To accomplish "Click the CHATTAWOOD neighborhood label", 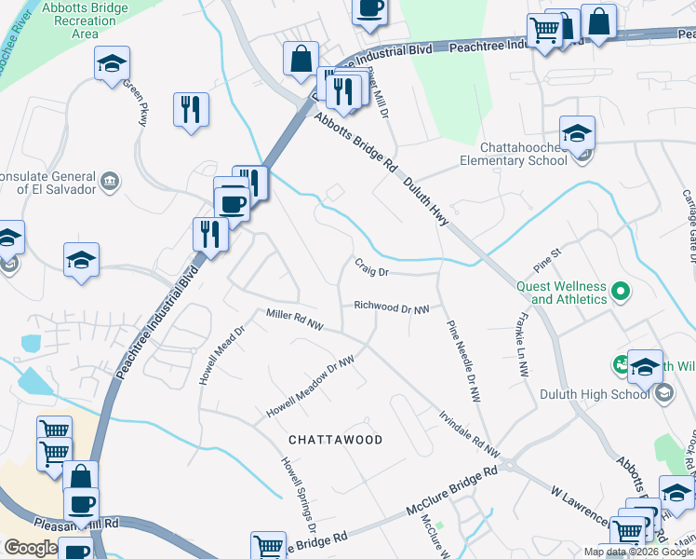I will coord(335,439).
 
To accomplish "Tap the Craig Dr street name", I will coord(370,267).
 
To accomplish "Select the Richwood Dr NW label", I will coord(391,307).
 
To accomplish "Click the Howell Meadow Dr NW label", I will coord(311,389).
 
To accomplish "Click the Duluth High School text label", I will coord(595,394).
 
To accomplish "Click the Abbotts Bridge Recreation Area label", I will coord(85,20).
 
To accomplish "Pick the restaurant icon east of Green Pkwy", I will coord(191,109).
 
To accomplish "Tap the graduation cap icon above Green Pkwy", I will coord(112,64).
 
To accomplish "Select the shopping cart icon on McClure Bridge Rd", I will coord(269,546).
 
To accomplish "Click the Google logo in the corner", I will coord(30,548).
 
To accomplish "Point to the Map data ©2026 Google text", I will coord(637,552).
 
